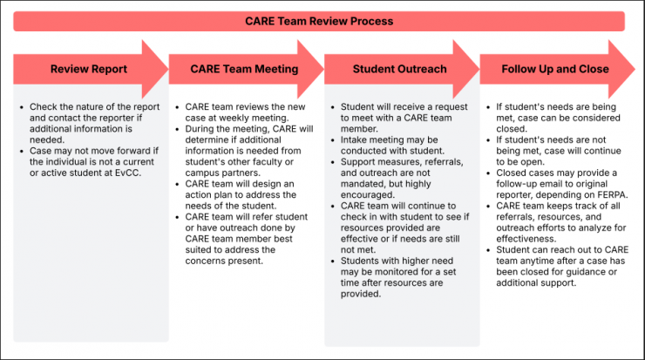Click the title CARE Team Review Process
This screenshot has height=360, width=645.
pyautogui.click(x=318, y=21)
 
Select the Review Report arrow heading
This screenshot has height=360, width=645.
pyautogui.click(x=88, y=69)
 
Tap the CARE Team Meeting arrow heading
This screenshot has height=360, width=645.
pyautogui.click(x=245, y=69)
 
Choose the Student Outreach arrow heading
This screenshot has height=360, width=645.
pyautogui.click(x=399, y=69)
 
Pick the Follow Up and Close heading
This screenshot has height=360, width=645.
pyautogui.click(x=555, y=69)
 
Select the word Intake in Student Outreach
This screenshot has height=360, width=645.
pyautogui.click(x=355, y=138)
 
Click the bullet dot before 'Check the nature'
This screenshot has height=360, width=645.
pyautogui.click(x=21, y=107)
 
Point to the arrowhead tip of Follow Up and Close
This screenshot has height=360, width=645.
pyautogui.click(x=635, y=68)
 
